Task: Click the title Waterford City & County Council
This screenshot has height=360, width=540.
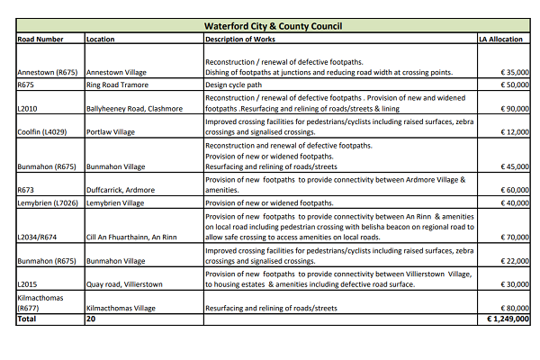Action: (x=273, y=26)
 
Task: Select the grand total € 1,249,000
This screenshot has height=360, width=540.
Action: (x=502, y=319)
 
